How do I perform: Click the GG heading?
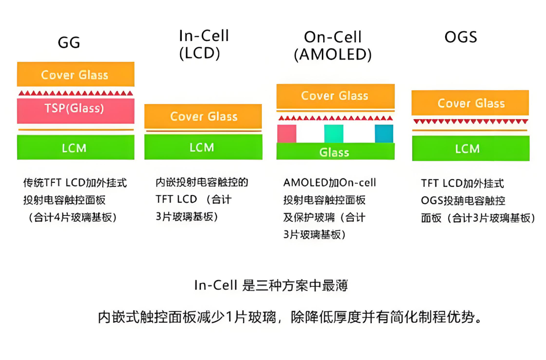69,42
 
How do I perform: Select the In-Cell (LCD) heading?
204,44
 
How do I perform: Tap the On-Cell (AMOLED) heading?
333,46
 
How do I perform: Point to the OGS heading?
461,37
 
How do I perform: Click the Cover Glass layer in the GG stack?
75,75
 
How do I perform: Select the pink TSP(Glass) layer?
75,109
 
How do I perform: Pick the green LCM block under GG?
75,148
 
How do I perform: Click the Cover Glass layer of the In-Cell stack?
203,116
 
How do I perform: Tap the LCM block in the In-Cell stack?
203,147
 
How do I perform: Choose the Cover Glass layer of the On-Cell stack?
335,96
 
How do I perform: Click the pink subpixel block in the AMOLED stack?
287,134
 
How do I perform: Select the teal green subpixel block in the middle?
334,134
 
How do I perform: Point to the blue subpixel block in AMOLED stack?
384,134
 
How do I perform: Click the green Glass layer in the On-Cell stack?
335,152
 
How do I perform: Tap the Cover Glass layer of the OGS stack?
471,103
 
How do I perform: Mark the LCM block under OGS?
471,149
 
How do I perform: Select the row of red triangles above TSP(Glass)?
75,93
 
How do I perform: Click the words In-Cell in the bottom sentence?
216,285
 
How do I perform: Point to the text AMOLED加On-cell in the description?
330,183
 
